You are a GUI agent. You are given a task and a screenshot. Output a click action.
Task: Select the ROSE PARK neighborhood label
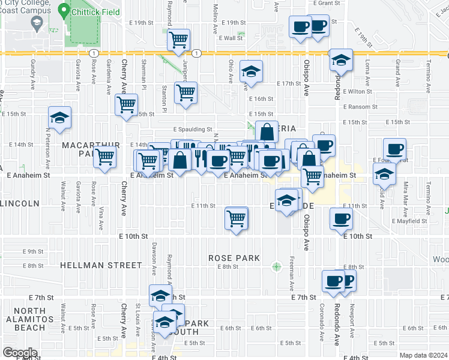click(x=234, y=258)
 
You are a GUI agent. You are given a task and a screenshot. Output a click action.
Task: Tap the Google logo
click(x=20, y=353)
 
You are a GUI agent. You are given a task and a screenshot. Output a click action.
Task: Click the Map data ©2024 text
click(x=424, y=355)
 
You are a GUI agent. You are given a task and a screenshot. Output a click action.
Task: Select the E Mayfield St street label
click(x=409, y=221)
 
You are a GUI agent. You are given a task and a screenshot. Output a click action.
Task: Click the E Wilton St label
click(x=358, y=91)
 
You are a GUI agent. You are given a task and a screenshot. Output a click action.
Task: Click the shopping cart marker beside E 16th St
click(x=186, y=93)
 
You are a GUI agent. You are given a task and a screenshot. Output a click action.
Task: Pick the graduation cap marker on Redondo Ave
click(x=341, y=60)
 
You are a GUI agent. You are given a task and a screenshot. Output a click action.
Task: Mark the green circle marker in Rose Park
click(x=276, y=266)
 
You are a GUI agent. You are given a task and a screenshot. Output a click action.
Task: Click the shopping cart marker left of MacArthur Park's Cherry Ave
click(x=105, y=157)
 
